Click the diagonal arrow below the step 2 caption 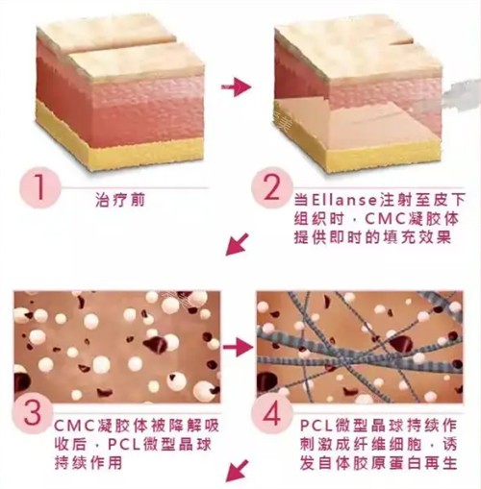pyautogui.click(x=236, y=247)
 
